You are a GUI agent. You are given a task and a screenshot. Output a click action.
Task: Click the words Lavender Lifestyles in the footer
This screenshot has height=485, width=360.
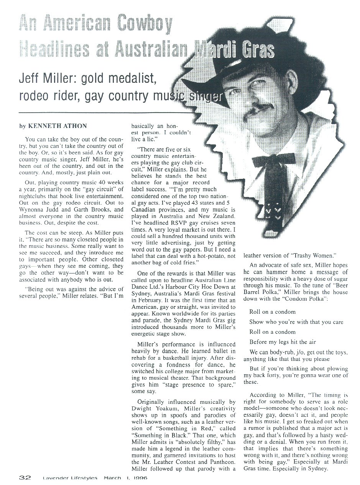pyautogui.click(x=70, y=478)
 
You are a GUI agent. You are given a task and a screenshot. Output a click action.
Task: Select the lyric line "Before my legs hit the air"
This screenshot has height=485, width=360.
pyautogui.click(x=283, y=342)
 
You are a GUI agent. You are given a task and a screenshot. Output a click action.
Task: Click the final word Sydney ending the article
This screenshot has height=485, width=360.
pyautogui.click(x=317, y=469)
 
